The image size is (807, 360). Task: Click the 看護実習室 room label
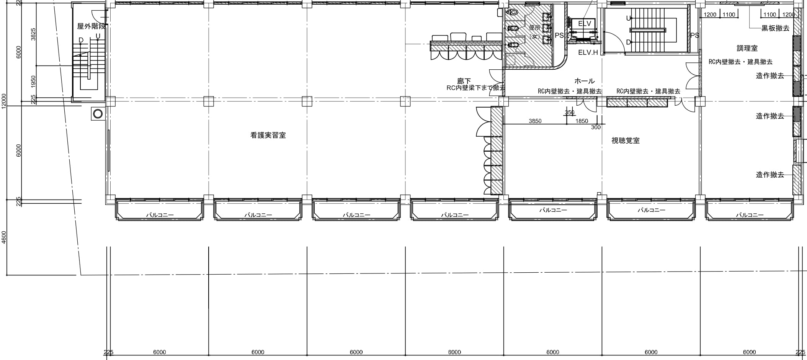[x=268, y=135]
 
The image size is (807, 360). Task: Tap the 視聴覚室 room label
[x=625, y=141]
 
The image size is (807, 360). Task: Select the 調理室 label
[x=747, y=48]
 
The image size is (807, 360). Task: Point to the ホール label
[x=584, y=81]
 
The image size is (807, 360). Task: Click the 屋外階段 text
[x=91, y=26]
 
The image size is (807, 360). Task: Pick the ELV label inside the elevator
[x=585, y=24]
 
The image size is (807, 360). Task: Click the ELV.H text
[x=588, y=52]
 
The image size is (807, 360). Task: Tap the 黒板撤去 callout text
[x=775, y=28]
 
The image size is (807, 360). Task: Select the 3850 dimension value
[x=535, y=121]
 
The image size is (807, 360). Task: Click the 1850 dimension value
[x=582, y=121]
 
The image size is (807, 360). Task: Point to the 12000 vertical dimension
[x=4, y=101]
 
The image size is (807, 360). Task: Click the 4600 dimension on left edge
[x=4, y=237]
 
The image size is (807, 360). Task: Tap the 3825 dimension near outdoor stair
[x=33, y=34]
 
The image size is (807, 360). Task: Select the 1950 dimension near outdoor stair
[x=33, y=81]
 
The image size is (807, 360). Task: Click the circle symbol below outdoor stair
[x=98, y=113]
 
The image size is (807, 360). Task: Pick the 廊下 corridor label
[x=464, y=81]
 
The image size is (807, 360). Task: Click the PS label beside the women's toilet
[x=559, y=35]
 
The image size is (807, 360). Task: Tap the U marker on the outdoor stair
[x=98, y=36]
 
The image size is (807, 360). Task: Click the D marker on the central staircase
[x=628, y=42]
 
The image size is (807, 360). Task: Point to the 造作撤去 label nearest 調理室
[x=769, y=76]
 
